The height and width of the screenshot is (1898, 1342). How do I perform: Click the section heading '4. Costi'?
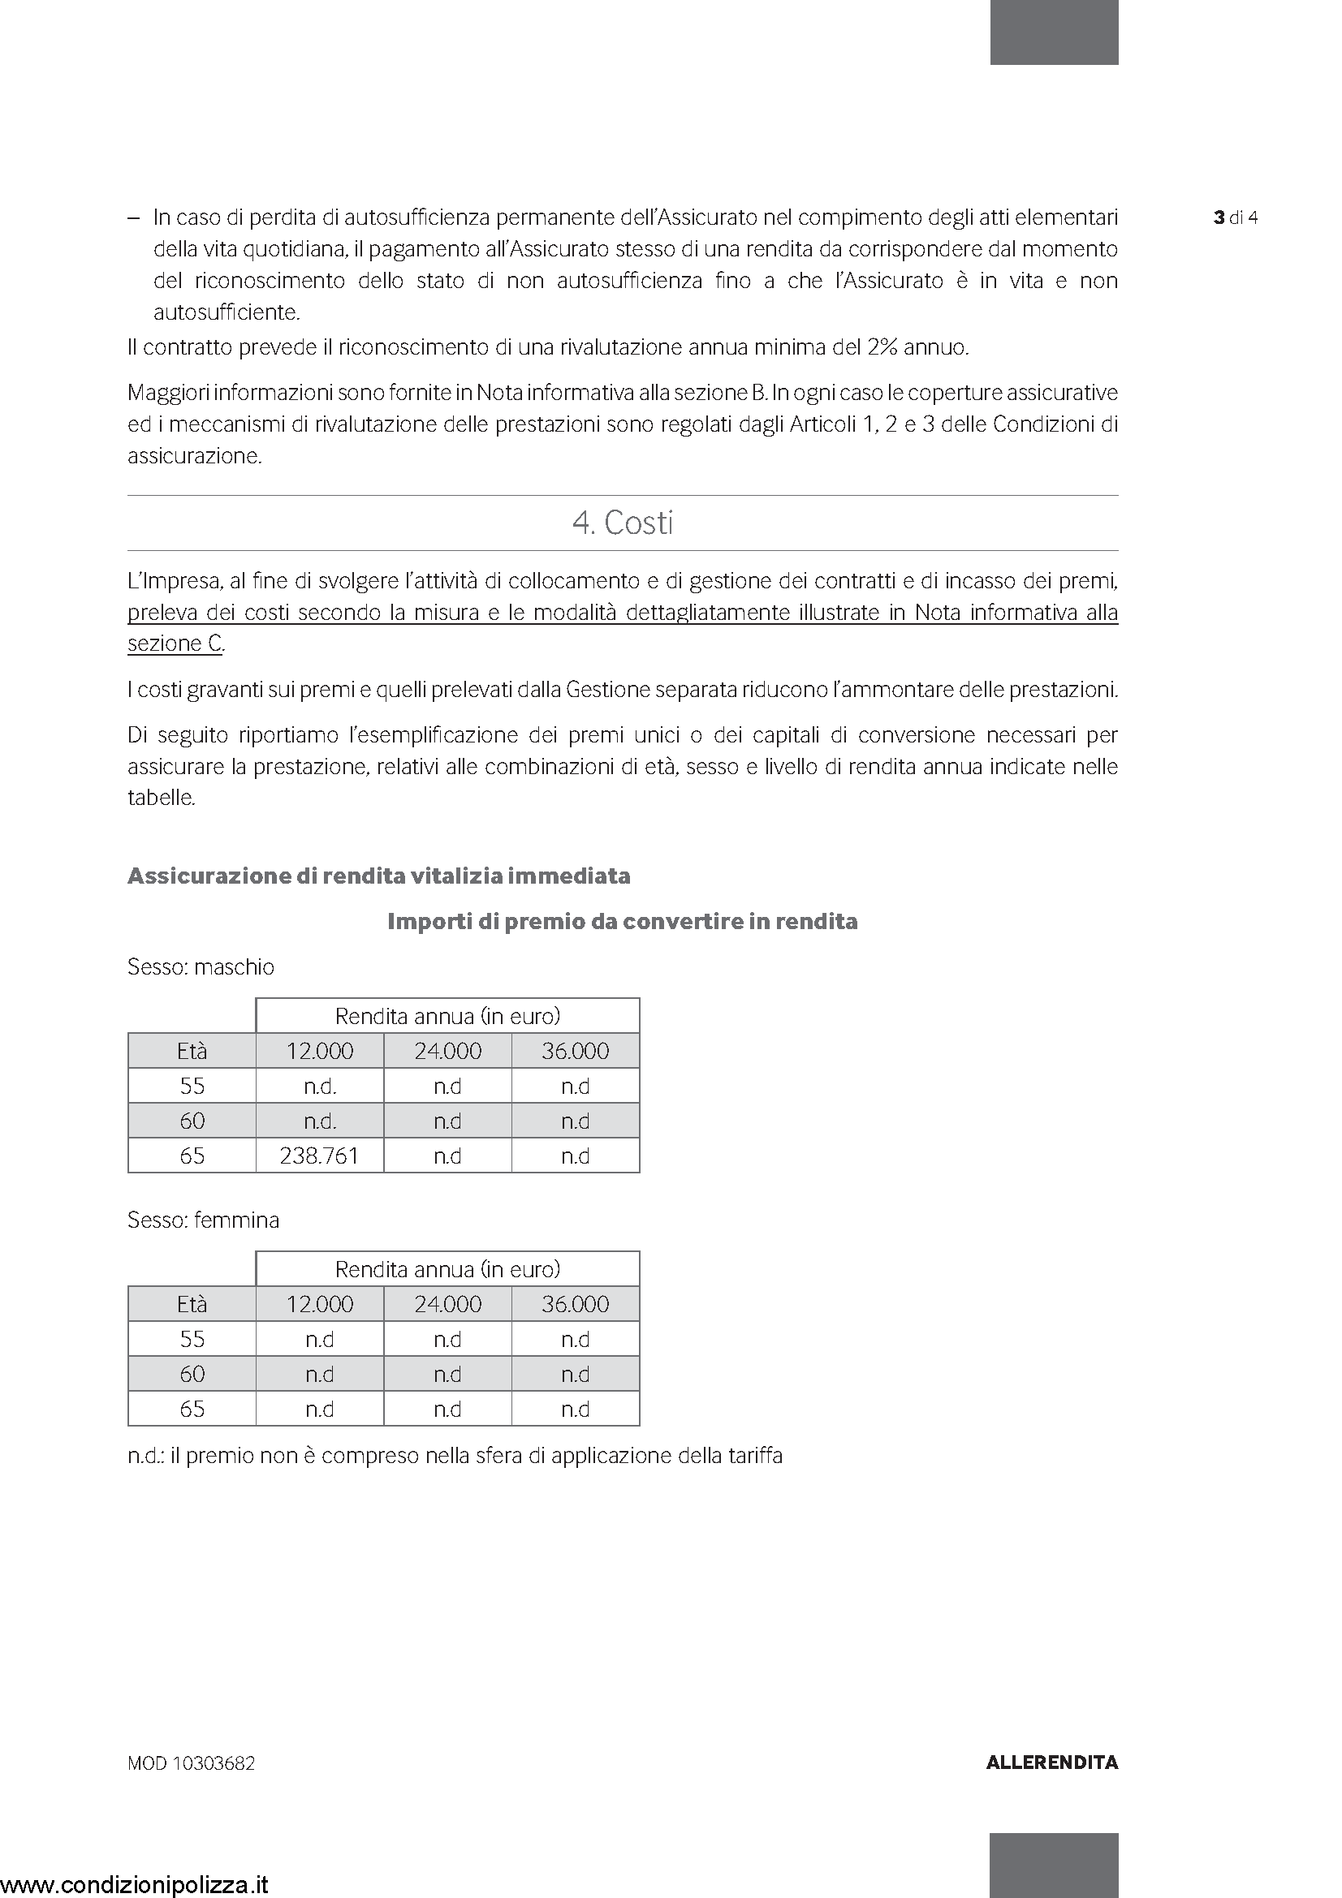pyautogui.click(x=623, y=523)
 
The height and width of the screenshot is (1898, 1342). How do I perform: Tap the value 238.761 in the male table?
pyautogui.click(x=319, y=1155)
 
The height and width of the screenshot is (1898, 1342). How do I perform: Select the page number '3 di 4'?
pyautogui.click(x=1236, y=218)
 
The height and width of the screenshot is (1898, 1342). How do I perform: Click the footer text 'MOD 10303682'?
pyautogui.click(x=191, y=1763)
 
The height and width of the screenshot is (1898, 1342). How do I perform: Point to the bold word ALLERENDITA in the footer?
pyautogui.click(x=1052, y=1762)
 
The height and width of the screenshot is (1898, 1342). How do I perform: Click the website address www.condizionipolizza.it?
pyautogui.click(x=135, y=1884)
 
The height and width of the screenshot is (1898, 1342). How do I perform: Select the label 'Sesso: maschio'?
pyautogui.click(x=201, y=967)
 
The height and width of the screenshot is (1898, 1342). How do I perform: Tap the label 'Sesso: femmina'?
pyautogui.click(x=204, y=1220)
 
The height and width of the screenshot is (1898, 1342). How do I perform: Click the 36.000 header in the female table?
pyautogui.click(x=575, y=1305)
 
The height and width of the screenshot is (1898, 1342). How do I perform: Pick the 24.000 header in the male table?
pyautogui.click(x=447, y=1051)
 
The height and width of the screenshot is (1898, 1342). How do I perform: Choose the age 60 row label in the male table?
pyautogui.click(x=192, y=1121)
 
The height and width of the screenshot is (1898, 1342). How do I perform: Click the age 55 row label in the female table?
pyautogui.click(x=192, y=1339)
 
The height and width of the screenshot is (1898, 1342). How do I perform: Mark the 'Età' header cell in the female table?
pyautogui.click(x=192, y=1305)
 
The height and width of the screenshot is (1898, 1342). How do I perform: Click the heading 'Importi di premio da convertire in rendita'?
pyautogui.click(x=623, y=922)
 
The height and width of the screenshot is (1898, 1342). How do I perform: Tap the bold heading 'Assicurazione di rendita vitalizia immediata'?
pyautogui.click(x=378, y=876)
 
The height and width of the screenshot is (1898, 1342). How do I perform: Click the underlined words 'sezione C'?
pyautogui.click(x=175, y=644)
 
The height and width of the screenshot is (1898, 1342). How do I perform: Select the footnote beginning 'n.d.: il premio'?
pyautogui.click(x=455, y=1456)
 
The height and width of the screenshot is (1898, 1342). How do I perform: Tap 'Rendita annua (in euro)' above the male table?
pyautogui.click(x=447, y=1016)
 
